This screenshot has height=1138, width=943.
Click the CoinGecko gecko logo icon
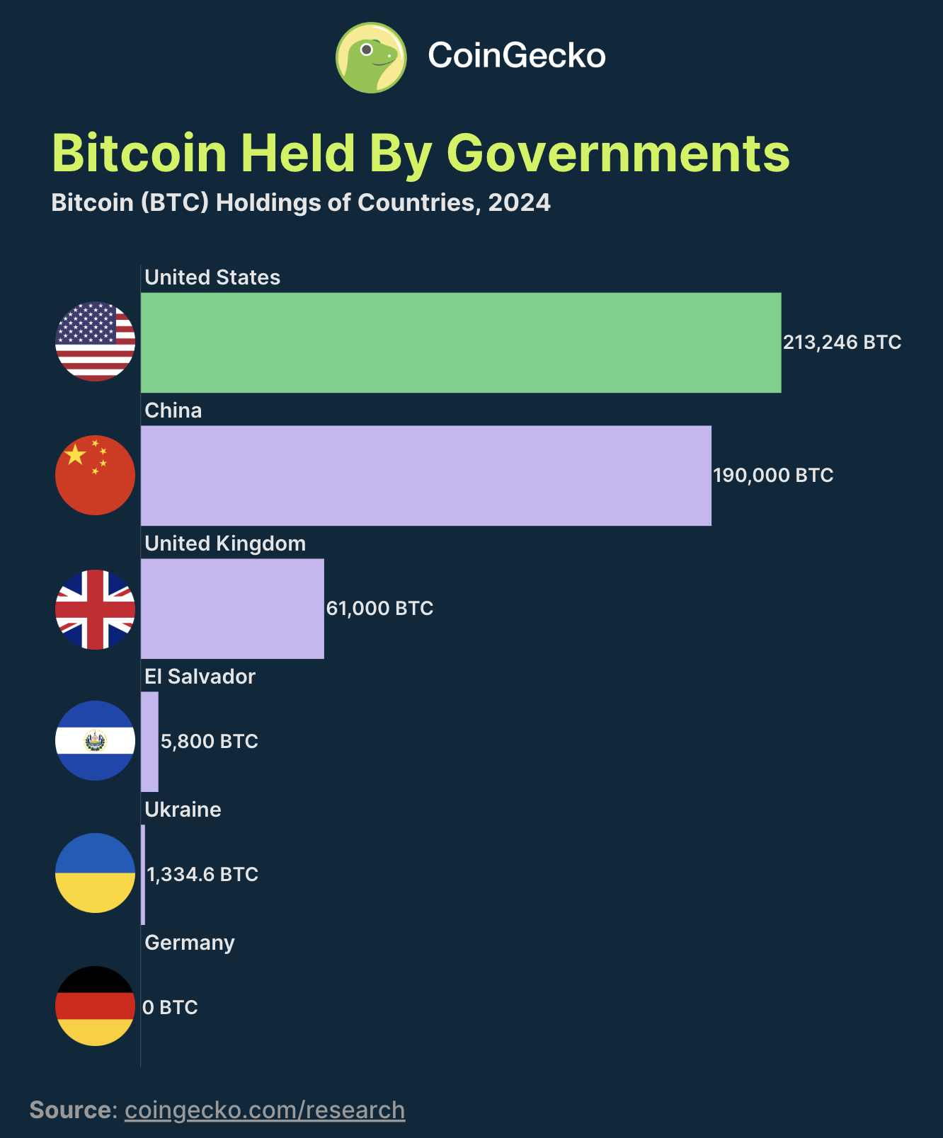(x=371, y=57)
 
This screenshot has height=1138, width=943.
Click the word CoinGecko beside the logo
(x=516, y=56)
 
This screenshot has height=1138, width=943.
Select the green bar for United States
(x=460, y=343)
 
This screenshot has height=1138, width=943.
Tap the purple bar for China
(x=425, y=476)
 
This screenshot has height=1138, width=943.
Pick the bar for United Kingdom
(x=232, y=609)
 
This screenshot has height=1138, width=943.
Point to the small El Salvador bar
(x=149, y=742)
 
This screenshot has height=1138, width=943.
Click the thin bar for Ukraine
(x=143, y=875)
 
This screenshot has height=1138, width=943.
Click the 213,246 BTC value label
(x=842, y=343)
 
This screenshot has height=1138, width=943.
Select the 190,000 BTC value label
(x=773, y=476)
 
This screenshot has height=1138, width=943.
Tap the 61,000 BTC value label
(x=379, y=609)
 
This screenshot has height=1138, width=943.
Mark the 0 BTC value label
(x=170, y=1008)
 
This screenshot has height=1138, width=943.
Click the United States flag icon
(x=96, y=342)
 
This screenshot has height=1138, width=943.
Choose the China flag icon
(x=96, y=475)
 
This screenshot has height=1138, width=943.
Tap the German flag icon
(x=96, y=1006)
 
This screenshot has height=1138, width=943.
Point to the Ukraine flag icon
(x=96, y=873)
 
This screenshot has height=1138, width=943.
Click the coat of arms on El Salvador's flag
(x=95, y=741)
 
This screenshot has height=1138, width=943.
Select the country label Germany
(x=190, y=943)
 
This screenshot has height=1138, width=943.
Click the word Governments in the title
(x=618, y=153)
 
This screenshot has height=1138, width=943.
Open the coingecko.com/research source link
(x=265, y=1110)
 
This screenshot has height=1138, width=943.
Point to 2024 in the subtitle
(x=519, y=203)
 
